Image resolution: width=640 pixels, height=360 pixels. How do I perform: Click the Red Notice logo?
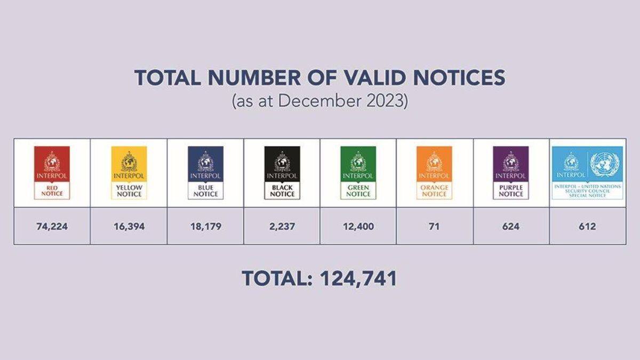point(52,172)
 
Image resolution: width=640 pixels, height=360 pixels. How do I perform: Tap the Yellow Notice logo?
point(129,172)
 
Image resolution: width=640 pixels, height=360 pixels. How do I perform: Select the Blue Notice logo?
point(205,172)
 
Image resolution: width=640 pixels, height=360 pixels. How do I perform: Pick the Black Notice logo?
point(282,172)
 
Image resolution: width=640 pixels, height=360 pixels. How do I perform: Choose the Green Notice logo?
point(358,172)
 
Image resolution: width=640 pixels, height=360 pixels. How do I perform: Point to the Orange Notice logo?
point(434,172)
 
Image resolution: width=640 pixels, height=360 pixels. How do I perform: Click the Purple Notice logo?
point(510,172)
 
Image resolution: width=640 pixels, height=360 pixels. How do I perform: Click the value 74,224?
point(52,227)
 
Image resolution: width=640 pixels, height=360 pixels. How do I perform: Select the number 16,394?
point(129,227)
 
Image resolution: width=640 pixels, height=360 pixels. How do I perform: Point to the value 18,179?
point(205,227)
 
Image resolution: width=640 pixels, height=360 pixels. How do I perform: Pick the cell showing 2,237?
point(282,227)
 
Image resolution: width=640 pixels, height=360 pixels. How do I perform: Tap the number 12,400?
point(358,227)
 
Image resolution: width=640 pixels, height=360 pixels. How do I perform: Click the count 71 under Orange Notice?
point(434,227)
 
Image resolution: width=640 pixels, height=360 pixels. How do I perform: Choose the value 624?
point(510,227)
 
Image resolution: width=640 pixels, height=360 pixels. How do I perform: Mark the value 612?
point(587,227)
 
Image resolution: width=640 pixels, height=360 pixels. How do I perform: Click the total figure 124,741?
point(358,278)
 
